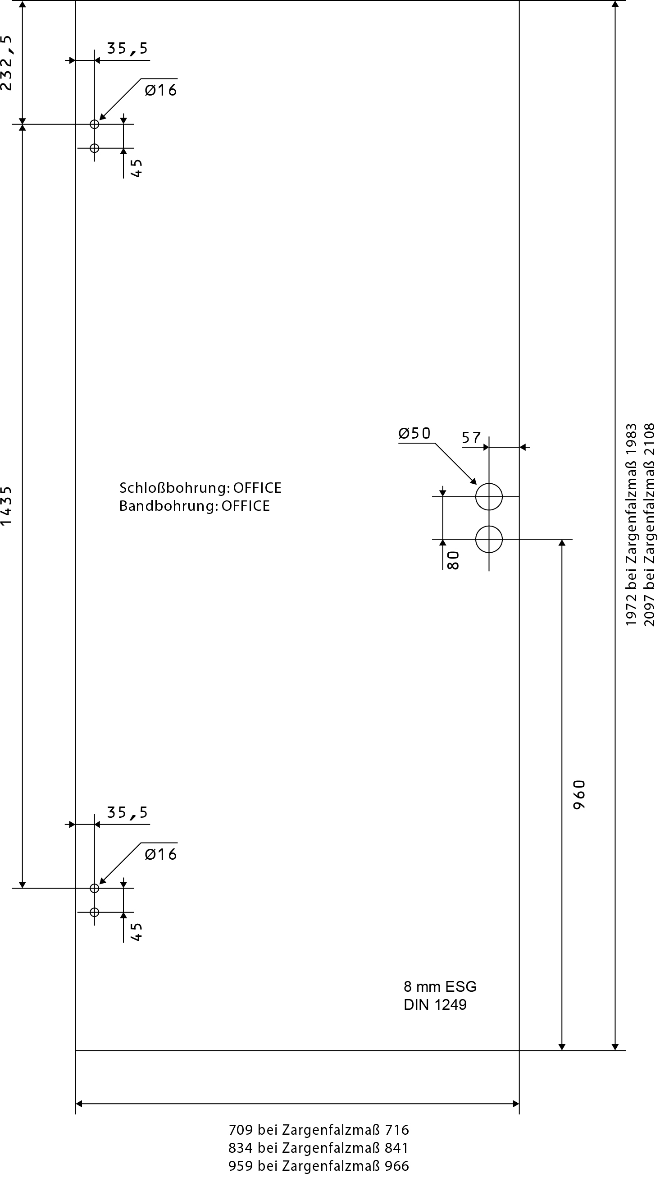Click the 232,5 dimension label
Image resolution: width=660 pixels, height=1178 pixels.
pyautogui.click(x=7, y=63)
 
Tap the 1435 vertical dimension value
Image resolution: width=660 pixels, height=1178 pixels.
pyautogui.click(x=6, y=505)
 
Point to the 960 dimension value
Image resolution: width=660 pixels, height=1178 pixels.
pyautogui.click(x=579, y=795)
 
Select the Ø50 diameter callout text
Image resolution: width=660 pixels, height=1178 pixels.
pyautogui.click(x=414, y=433)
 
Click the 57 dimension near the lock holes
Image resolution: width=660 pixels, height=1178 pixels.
pyautogui.click(x=471, y=438)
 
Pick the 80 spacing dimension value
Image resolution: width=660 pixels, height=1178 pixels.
pyautogui.click(x=452, y=560)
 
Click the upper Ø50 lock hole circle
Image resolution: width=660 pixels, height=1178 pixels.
pyautogui.click(x=489, y=497)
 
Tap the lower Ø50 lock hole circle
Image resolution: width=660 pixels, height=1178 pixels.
pyautogui.click(x=489, y=539)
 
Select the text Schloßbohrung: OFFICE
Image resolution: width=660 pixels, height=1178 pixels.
pyautogui.click(x=200, y=488)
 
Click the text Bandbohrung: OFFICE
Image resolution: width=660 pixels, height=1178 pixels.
pyautogui.click(x=194, y=506)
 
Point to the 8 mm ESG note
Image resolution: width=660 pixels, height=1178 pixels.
pyautogui.click(x=440, y=987)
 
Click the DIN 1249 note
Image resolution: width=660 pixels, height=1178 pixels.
pyautogui.click(x=435, y=1005)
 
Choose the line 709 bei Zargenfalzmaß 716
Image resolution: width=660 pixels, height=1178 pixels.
pyautogui.click(x=319, y=1130)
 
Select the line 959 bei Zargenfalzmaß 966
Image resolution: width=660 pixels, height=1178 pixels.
pyautogui.click(x=319, y=1166)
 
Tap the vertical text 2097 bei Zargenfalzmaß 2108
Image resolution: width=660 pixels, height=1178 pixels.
pyautogui.click(x=649, y=524)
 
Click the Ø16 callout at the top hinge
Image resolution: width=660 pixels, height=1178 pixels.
pyautogui.click(x=161, y=90)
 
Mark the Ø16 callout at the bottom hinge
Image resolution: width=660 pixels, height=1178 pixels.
pyautogui.click(x=161, y=854)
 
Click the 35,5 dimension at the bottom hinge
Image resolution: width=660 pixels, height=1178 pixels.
pyautogui.click(x=127, y=813)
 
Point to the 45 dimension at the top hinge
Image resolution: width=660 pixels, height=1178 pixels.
pyautogui.click(x=137, y=168)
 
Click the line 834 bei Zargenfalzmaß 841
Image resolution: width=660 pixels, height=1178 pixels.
pyautogui.click(x=319, y=1148)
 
